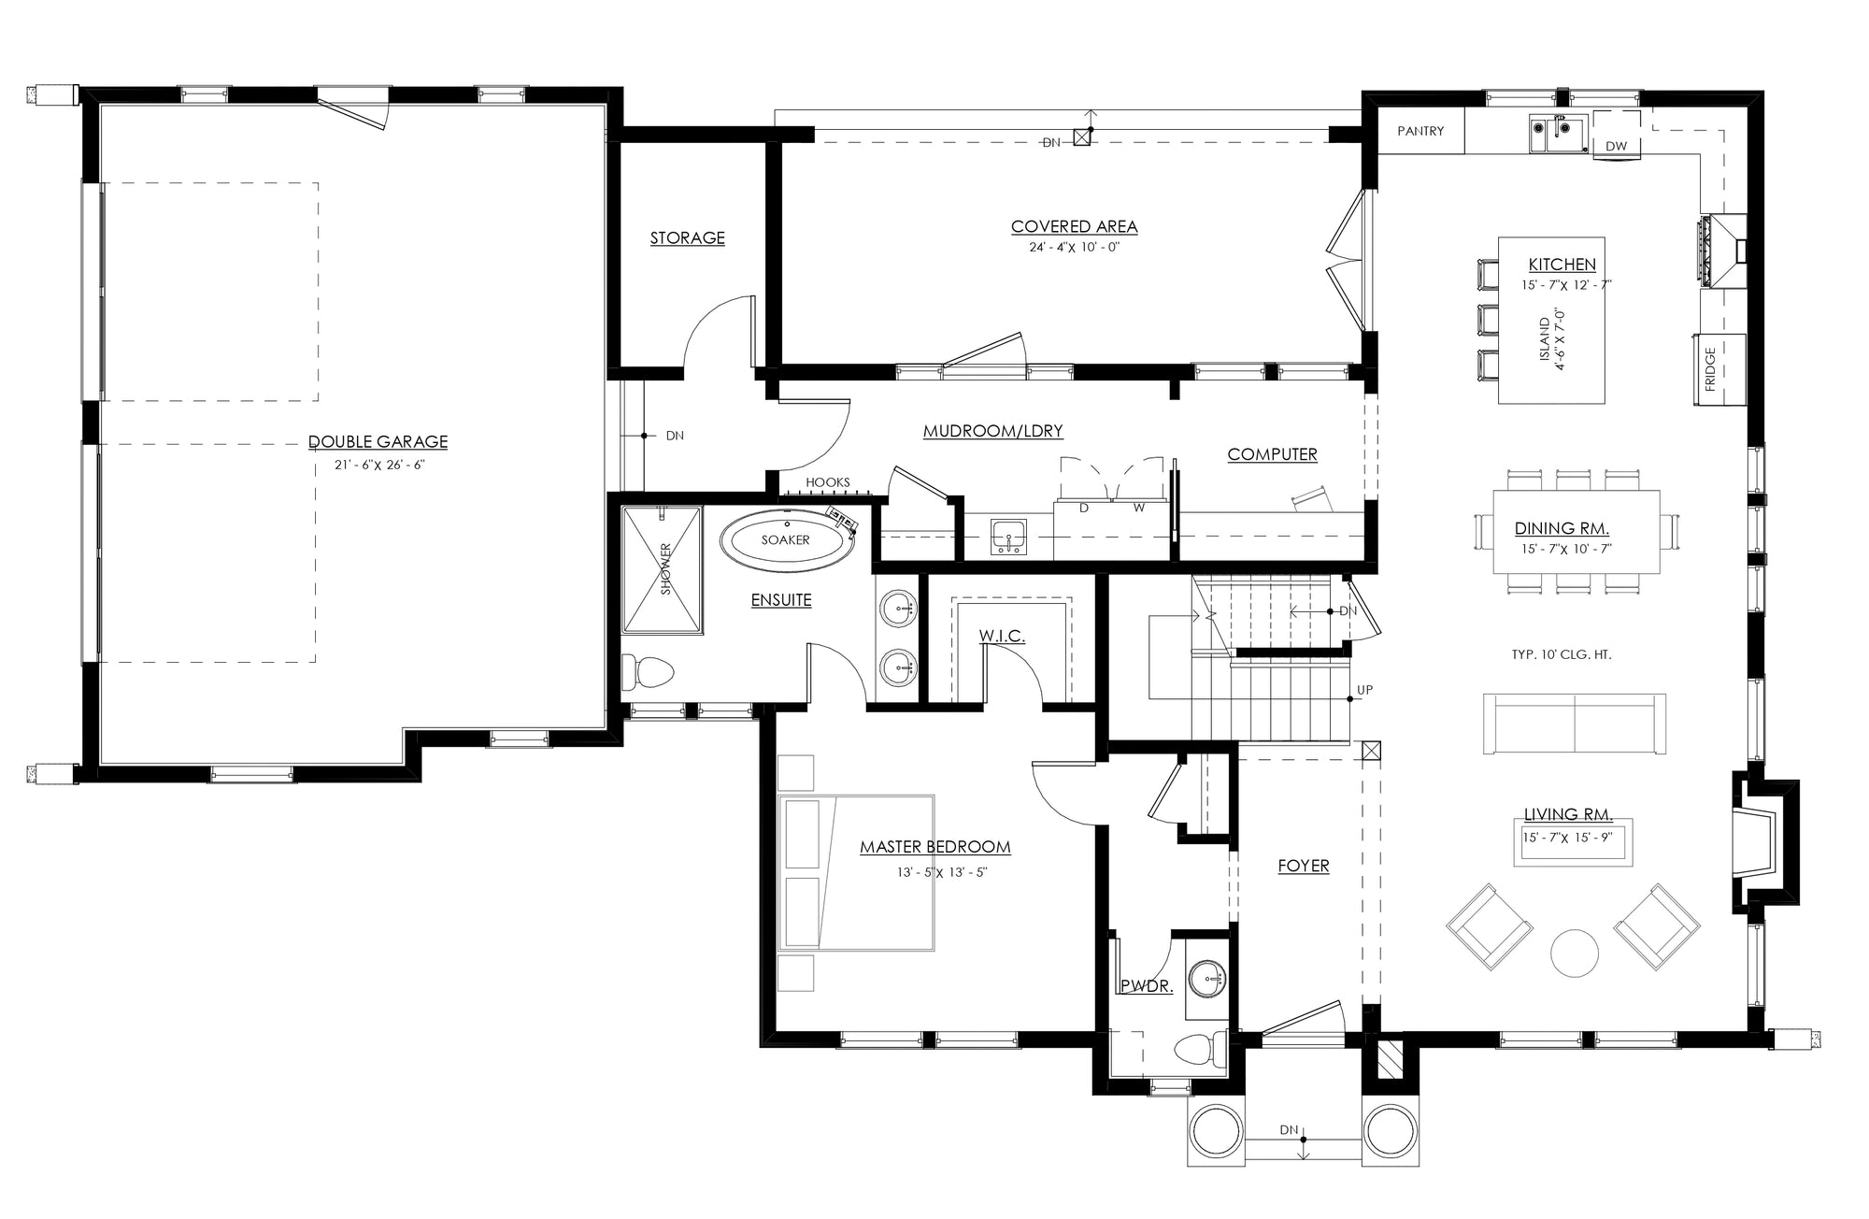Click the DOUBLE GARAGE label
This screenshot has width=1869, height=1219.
click(378, 442)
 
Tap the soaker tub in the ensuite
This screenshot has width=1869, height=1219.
click(785, 540)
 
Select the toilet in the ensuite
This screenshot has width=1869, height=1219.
click(649, 670)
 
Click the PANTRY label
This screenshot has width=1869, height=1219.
click(1420, 132)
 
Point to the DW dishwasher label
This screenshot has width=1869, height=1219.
click(1616, 147)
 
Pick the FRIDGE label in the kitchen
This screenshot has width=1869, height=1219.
click(1710, 369)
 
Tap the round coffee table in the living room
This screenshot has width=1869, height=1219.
click(1577, 953)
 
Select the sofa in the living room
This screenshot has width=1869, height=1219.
click(1575, 724)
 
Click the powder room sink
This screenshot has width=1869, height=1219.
click(1206, 980)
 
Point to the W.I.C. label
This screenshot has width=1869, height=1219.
click(1002, 637)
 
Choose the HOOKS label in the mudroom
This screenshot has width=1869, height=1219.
click(828, 482)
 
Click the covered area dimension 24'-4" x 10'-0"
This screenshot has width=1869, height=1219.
click(1074, 248)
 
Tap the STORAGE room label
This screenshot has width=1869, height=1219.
click(688, 238)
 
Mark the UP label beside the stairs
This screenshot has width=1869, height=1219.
click(1364, 690)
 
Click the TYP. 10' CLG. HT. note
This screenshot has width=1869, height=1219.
click(1562, 655)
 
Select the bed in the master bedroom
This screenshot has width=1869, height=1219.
click(856, 873)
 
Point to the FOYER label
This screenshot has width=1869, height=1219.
click(1304, 867)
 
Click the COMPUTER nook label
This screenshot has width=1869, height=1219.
click(1272, 454)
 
